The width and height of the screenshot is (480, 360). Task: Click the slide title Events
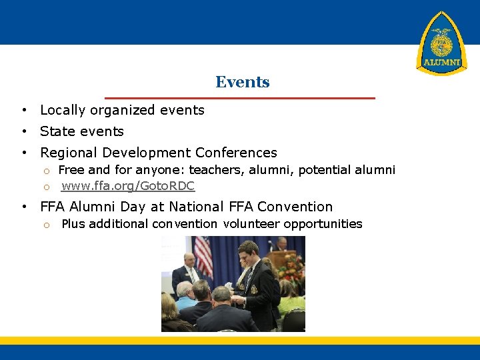242,83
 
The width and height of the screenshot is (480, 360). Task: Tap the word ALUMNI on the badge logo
441,63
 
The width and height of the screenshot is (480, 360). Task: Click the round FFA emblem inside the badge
441,41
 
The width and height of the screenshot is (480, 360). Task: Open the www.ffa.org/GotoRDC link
128,186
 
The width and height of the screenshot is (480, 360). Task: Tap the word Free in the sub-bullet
71,170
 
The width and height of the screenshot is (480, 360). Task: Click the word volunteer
251,224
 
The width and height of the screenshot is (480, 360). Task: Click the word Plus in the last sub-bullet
73,224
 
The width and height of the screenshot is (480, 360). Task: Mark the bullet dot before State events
23,131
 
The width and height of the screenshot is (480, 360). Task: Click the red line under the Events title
240,98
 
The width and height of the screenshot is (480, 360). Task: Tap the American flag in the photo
203,257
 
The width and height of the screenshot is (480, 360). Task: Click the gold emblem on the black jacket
253,289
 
